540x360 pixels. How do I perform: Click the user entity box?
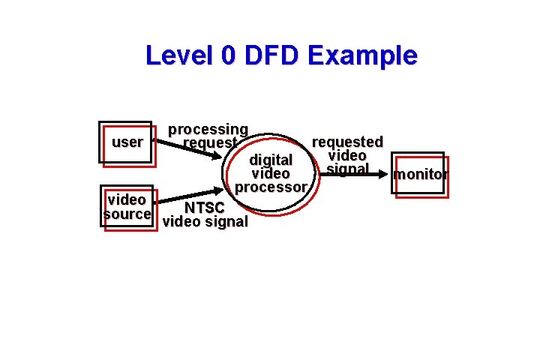pyautogui.click(x=126, y=142)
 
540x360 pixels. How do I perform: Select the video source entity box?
pyautogui.click(x=127, y=208)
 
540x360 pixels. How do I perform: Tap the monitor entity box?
pyautogui.click(x=420, y=175)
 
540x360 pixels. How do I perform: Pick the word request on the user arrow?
pyautogui.click(x=210, y=142)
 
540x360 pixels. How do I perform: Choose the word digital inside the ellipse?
pyautogui.click(x=270, y=160)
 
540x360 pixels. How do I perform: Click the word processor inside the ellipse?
pyautogui.click(x=270, y=187)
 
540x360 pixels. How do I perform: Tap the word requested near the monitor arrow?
pyautogui.click(x=347, y=142)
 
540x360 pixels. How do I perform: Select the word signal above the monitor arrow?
pyautogui.click(x=347, y=169)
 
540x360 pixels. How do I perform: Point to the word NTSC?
pyautogui.click(x=204, y=208)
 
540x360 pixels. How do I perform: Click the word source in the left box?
pyautogui.click(x=127, y=214)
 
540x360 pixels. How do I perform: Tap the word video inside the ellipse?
pyautogui.click(x=270, y=173)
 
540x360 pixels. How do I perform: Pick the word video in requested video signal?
pyautogui.click(x=347, y=155)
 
